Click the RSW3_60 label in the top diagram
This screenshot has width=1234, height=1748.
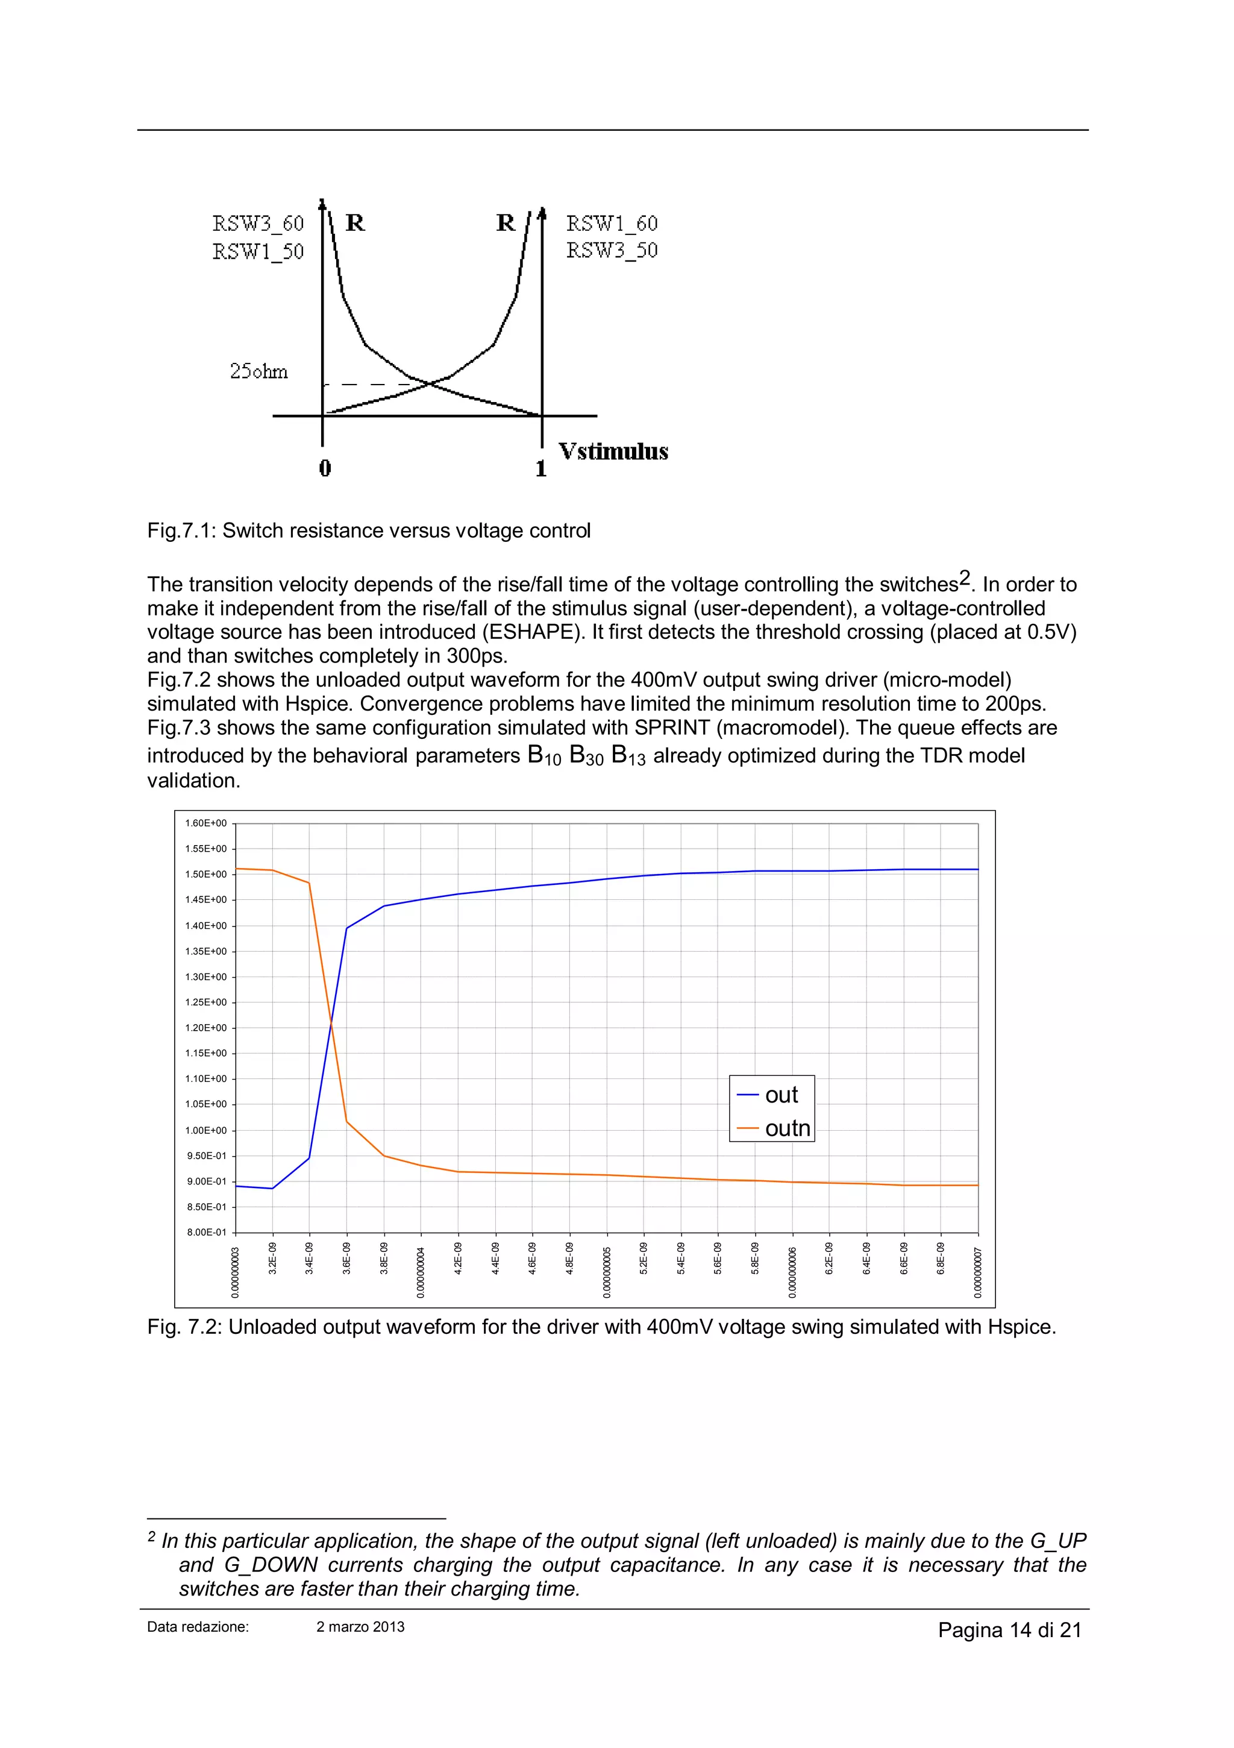258,223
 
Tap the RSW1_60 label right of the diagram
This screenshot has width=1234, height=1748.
612,223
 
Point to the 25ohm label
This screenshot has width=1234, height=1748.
259,371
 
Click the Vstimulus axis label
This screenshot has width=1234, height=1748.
613,451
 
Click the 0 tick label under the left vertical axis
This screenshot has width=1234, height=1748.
325,468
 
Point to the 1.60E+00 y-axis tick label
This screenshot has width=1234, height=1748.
205,823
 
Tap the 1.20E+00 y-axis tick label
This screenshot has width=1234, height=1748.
205,1028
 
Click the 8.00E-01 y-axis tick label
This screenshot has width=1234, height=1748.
205,1232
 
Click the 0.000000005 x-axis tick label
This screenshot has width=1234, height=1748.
607,1271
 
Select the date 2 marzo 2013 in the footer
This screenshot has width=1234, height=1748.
360,1627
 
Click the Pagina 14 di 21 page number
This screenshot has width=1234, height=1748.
1009,1630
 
